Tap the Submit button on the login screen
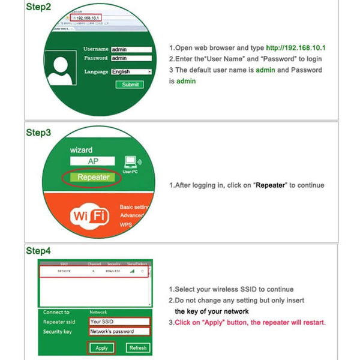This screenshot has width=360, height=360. pyautogui.click(x=130, y=85)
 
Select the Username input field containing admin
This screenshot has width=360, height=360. pyautogui.click(x=130, y=49)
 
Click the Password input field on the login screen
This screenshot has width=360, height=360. pyautogui.click(x=130, y=58)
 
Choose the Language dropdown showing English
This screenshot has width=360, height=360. pyautogui.click(x=130, y=71)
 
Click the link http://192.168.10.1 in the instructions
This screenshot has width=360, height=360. pyautogui.click(x=299, y=47)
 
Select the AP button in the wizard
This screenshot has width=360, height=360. pyautogui.click(x=93, y=162)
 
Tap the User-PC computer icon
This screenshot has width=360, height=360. pyautogui.click(x=131, y=163)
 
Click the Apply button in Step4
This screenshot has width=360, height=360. pyautogui.click(x=101, y=347)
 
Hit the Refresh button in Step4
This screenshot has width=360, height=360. pyautogui.click(x=137, y=347)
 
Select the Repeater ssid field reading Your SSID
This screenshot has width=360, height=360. pyautogui.click(x=119, y=322)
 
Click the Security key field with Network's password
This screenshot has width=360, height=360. pyautogui.click(x=119, y=331)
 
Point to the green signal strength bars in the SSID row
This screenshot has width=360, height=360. pyautogui.click(x=131, y=271)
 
